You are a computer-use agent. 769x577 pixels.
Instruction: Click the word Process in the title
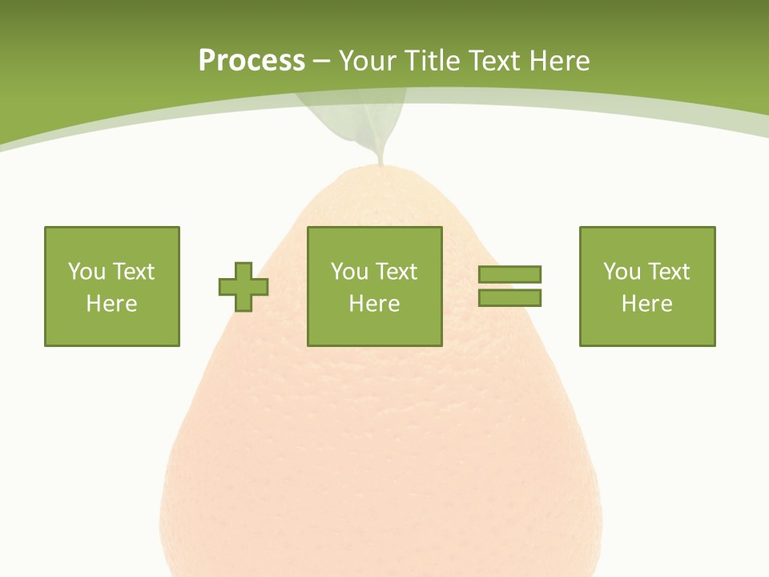coord(252,60)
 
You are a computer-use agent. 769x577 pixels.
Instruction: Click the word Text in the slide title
coord(494,60)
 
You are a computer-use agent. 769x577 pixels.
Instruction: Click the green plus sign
coord(244,287)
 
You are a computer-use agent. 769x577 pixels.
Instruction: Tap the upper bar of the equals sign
coord(509,274)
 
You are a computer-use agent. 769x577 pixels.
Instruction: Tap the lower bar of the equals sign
coord(509,298)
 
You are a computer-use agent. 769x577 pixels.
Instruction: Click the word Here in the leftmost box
coord(112,304)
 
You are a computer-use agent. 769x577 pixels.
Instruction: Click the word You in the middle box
coord(349,272)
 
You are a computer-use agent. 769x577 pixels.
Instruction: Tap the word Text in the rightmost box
coord(669,272)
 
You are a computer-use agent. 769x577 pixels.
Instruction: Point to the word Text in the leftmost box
coord(134,272)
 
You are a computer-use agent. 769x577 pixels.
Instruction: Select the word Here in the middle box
coord(374,304)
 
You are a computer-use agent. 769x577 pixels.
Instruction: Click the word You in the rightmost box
coord(622,272)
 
